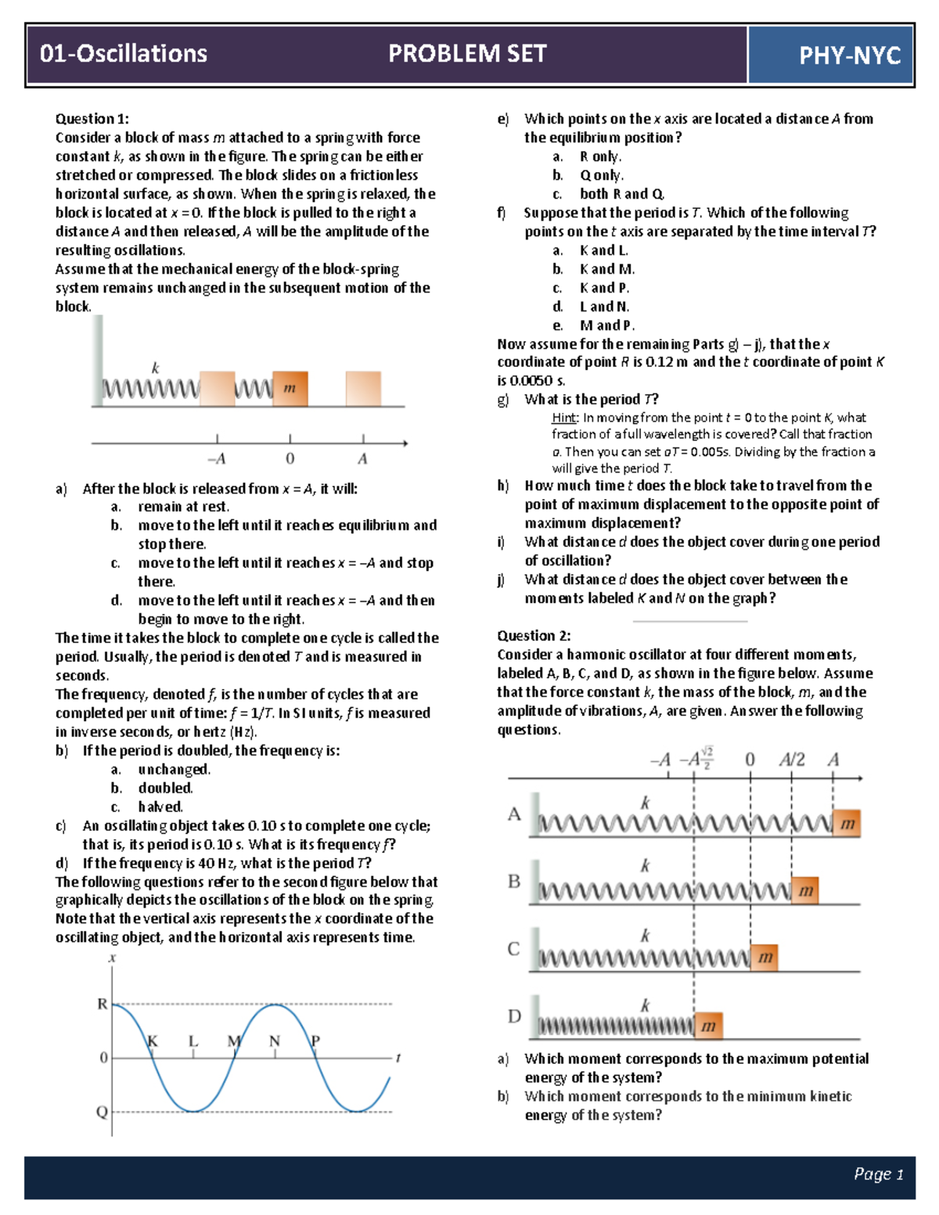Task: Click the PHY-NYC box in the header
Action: [x=831, y=55]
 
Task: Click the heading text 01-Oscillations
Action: [x=124, y=54]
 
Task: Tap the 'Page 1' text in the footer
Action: [x=878, y=1174]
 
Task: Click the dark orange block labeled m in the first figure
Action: [x=290, y=388]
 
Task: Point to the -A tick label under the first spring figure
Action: [x=217, y=459]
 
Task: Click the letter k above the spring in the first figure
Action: [x=155, y=368]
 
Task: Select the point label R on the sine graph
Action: [x=103, y=1004]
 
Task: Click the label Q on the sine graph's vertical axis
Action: [x=102, y=1112]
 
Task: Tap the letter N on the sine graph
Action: [x=275, y=1041]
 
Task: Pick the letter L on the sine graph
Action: [x=193, y=1041]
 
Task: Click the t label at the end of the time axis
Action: [x=398, y=1058]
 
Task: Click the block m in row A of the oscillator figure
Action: [x=847, y=823]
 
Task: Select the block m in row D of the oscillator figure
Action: [x=708, y=1026]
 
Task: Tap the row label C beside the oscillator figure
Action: [x=513, y=949]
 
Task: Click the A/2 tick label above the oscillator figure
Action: [x=792, y=760]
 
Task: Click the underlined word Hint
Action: [x=563, y=418]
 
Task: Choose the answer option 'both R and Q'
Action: [x=622, y=194]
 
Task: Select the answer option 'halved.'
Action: [x=160, y=807]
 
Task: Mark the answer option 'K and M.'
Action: [x=607, y=269]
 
